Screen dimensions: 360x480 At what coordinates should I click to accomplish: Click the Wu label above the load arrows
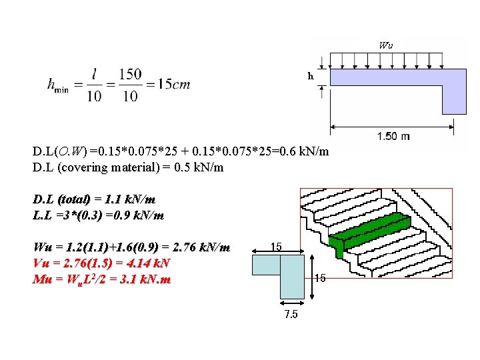coord(386,46)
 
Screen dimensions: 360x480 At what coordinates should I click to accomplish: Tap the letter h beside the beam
coord(310,76)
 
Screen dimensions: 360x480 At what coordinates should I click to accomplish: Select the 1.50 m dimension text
coord(393,136)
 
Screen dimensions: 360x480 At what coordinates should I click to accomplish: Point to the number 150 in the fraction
coord(131,73)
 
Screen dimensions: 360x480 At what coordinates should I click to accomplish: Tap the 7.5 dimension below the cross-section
coord(291,315)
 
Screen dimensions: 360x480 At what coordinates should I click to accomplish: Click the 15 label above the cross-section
coord(276,246)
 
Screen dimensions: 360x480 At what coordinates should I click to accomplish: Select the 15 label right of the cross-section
coord(319,277)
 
